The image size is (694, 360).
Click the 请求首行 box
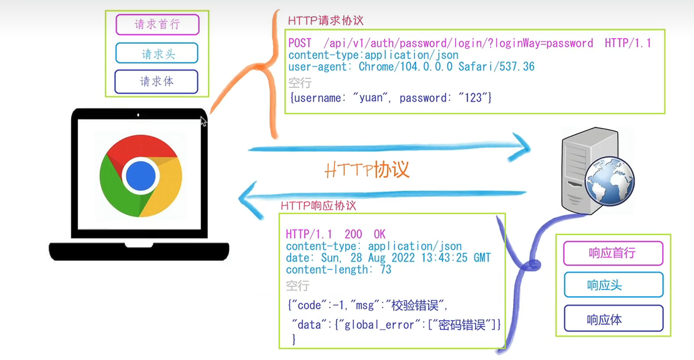click(157, 25)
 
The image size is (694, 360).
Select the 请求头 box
click(157, 54)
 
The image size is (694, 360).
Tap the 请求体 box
click(157, 82)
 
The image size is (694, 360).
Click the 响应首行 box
click(612, 253)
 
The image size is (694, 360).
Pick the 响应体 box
click(612, 319)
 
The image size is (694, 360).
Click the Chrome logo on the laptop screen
click(141, 177)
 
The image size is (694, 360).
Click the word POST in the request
click(300, 43)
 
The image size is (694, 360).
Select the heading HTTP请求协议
click(325, 21)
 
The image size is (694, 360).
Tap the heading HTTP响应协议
click(318, 206)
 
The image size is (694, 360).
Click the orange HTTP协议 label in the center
click(367, 170)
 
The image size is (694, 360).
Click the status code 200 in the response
click(353, 235)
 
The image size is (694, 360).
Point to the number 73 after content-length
click(385, 270)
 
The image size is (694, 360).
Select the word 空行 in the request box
click(300, 82)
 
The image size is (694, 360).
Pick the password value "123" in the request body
click(474, 98)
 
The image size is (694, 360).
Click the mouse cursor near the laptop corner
click(203, 121)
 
